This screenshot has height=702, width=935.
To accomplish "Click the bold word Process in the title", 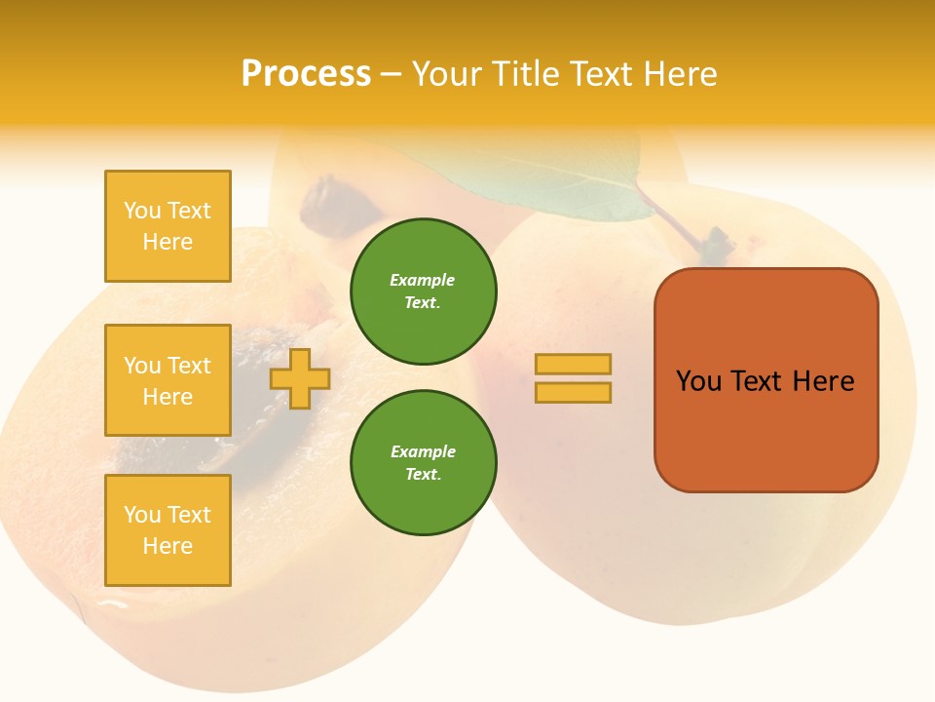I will [x=306, y=74].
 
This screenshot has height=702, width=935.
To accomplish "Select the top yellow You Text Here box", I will [x=168, y=226].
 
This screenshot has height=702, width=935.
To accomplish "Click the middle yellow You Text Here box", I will [x=168, y=380].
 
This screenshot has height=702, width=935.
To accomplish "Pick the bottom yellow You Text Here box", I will [x=168, y=529].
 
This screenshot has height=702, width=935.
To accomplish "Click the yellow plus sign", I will [x=300, y=378].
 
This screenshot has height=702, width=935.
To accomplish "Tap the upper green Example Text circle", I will [x=423, y=291].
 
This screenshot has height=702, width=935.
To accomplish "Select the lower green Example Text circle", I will [x=423, y=462].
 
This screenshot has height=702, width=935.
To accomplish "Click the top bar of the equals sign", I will [x=573, y=365].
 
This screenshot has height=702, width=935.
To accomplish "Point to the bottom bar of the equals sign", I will [x=573, y=392].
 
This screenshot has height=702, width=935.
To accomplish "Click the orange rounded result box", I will [x=766, y=379].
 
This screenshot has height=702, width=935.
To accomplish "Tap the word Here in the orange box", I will [x=823, y=381].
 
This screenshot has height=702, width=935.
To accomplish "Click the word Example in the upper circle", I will [x=423, y=280].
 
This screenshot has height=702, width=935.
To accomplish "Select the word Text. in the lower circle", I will [x=423, y=474].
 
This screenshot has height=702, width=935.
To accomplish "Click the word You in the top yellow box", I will [x=141, y=211].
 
